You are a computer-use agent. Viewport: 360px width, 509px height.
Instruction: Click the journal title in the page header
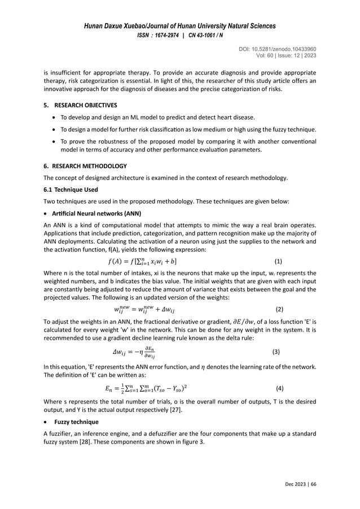[x=180, y=26]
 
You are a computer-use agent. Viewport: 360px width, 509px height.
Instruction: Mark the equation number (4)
[x=280, y=389]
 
